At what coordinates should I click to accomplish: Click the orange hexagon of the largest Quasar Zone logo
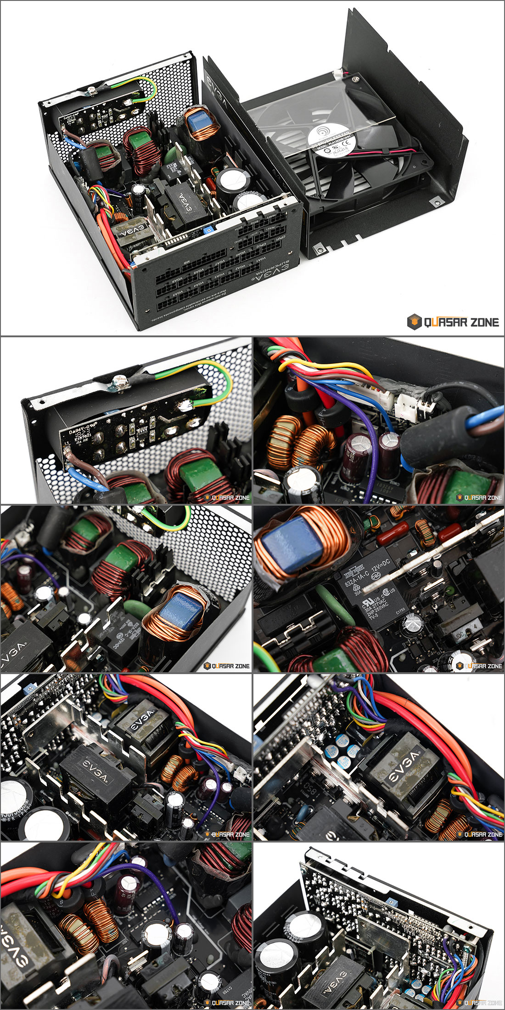[414, 322]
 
